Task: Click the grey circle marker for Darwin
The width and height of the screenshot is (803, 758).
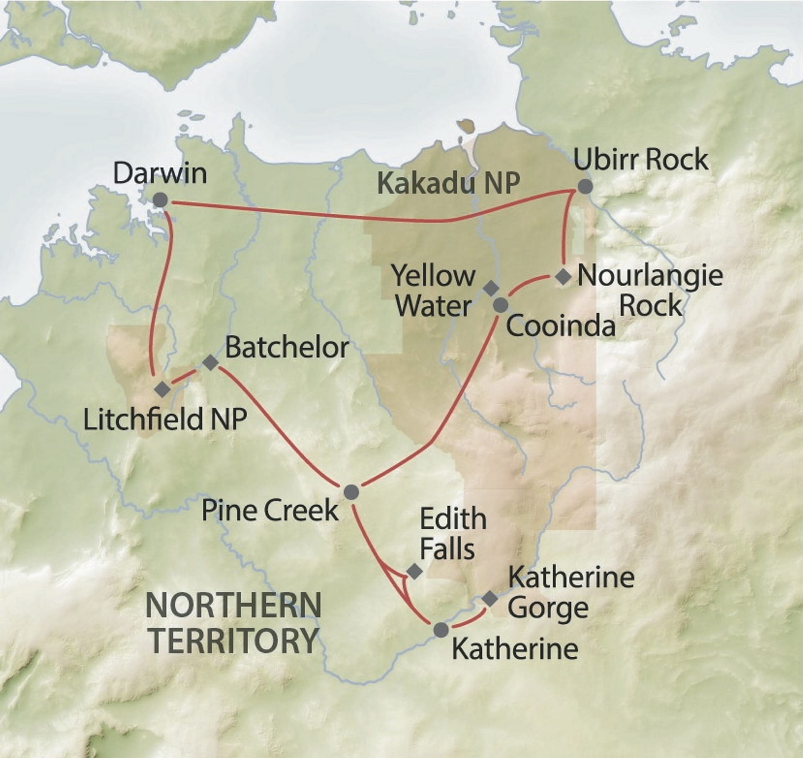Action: click(160, 200)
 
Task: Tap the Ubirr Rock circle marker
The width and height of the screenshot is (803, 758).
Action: click(585, 187)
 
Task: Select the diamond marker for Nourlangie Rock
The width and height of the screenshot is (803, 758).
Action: click(564, 277)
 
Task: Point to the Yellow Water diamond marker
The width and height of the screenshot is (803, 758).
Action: click(491, 288)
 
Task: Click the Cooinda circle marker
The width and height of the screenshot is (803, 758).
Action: click(501, 305)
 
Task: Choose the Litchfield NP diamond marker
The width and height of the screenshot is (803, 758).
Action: click(162, 389)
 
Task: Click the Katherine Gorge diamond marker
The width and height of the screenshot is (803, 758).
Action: click(490, 599)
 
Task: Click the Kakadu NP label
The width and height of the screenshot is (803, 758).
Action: click(448, 183)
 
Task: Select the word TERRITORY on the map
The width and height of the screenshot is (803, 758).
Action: click(234, 640)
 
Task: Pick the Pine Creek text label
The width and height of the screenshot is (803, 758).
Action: click(270, 510)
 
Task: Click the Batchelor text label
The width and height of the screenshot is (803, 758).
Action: click(287, 347)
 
